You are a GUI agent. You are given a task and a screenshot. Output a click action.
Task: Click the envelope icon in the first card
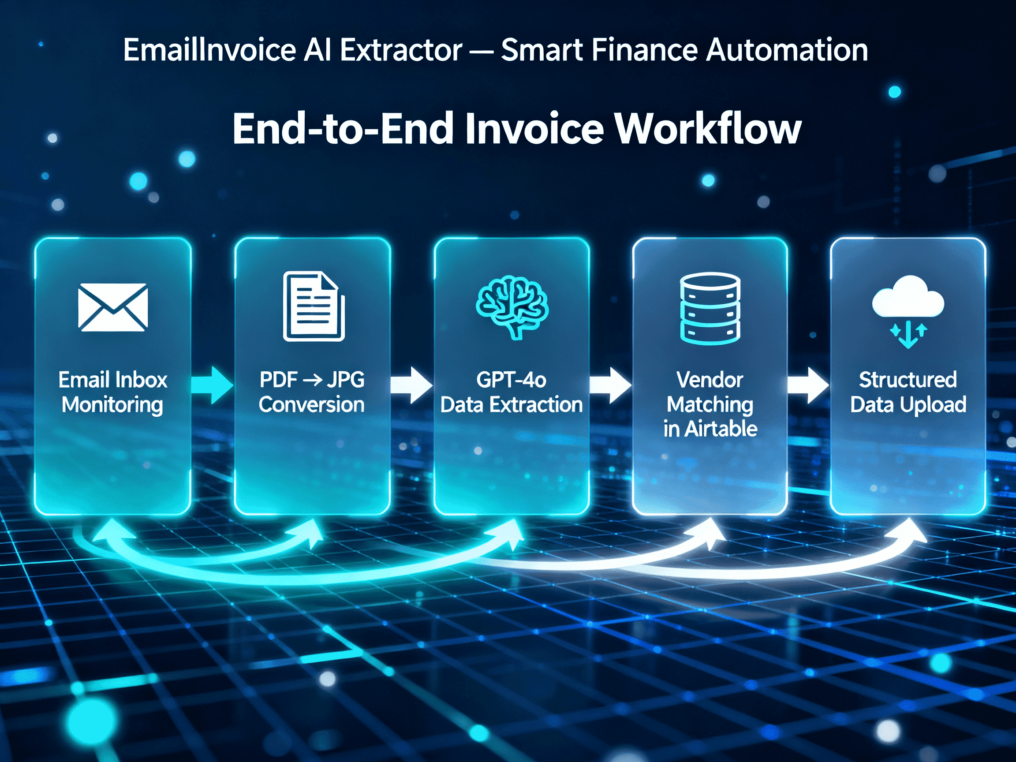pyautogui.click(x=113, y=307)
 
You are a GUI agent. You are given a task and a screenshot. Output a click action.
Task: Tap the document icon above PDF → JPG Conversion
pyautogui.click(x=314, y=306)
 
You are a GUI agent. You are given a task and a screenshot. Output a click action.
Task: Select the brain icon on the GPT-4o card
pyautogui.click(x=512, y=307)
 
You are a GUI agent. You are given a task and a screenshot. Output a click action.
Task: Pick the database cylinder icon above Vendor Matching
pyautogui.click(x=710, y=308)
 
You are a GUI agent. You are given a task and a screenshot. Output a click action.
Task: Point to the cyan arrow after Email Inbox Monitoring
pyautogui.click(x=213, y=385)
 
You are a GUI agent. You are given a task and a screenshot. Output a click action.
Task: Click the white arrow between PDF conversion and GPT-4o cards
pyautogui.click(x=412, y=385)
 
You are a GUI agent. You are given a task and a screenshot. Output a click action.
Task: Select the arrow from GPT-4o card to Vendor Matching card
pyautogui.click(x=610, y=385)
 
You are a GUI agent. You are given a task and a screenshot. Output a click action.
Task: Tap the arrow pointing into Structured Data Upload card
pyautogui.click(x=808, y=385)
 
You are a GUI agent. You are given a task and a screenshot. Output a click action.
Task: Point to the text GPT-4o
pyautogui.click(x=511, y=380)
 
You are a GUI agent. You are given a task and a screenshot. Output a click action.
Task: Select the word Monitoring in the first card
pyautogui.click(x=112, y=405)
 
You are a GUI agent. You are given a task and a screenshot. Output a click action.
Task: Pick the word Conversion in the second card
pyautogui.click(x=311, y=405)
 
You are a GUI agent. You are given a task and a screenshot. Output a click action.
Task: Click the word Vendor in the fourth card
pyautogui.click(x=710, y=380)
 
